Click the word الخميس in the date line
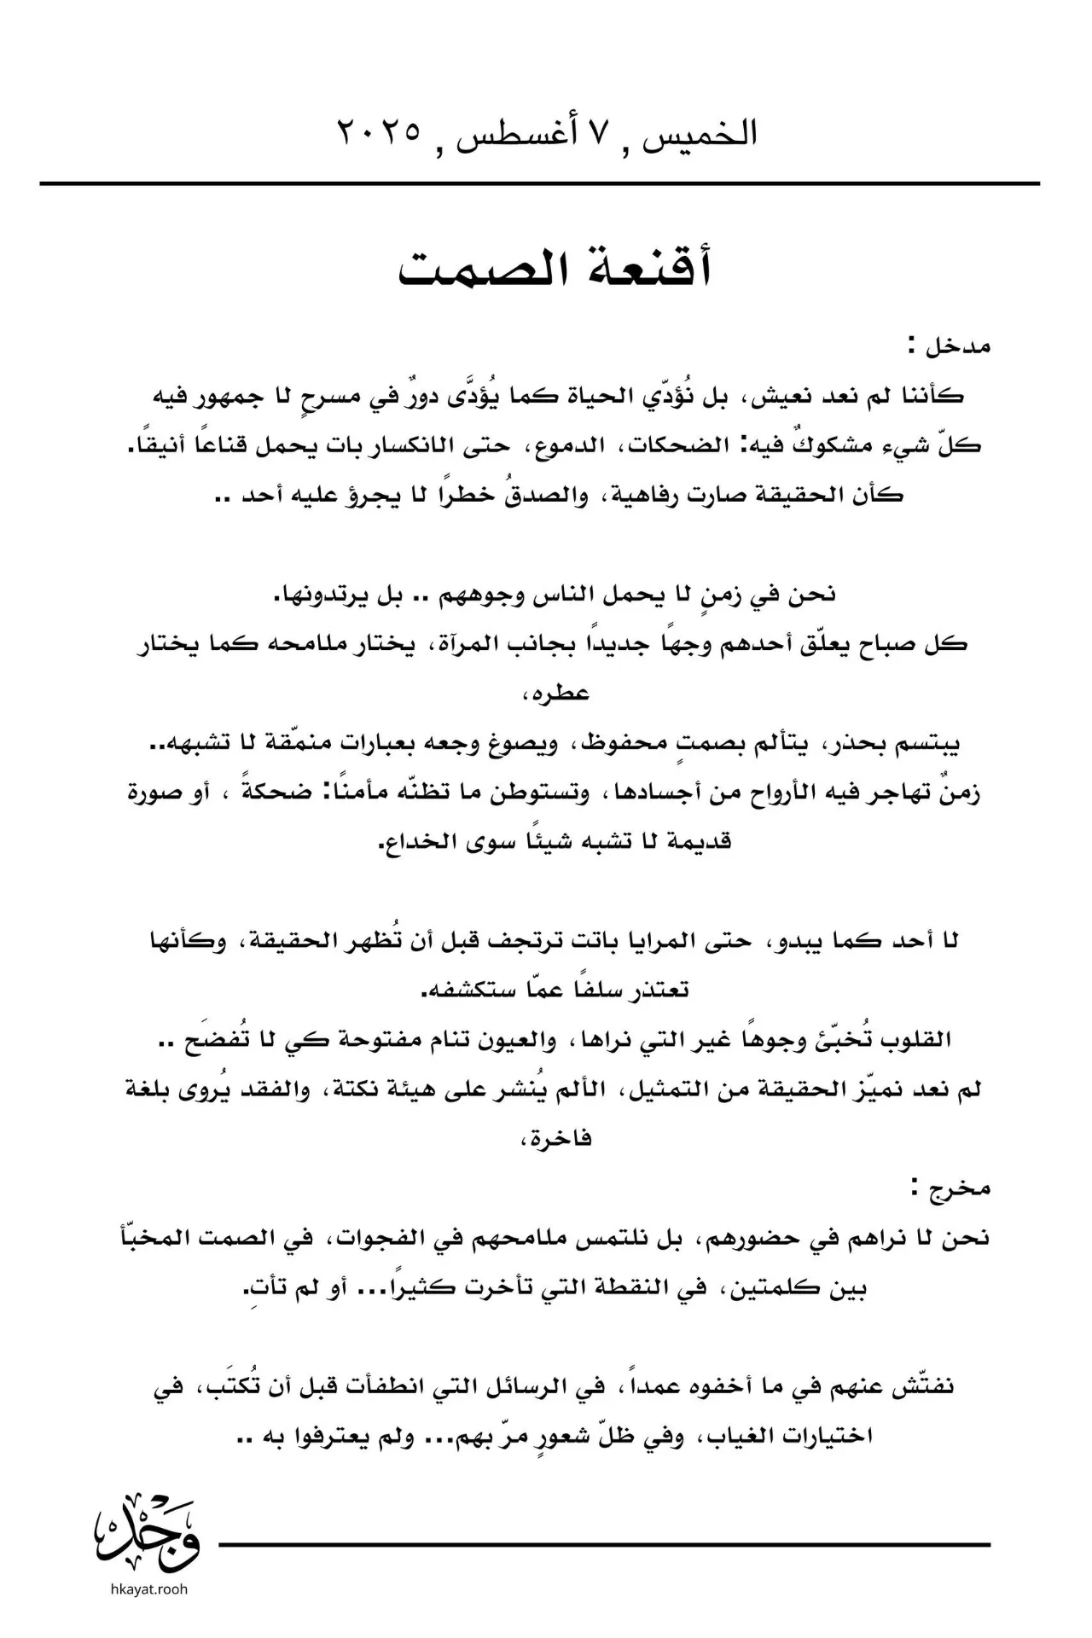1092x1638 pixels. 707,133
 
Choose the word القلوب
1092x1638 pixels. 916,1040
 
